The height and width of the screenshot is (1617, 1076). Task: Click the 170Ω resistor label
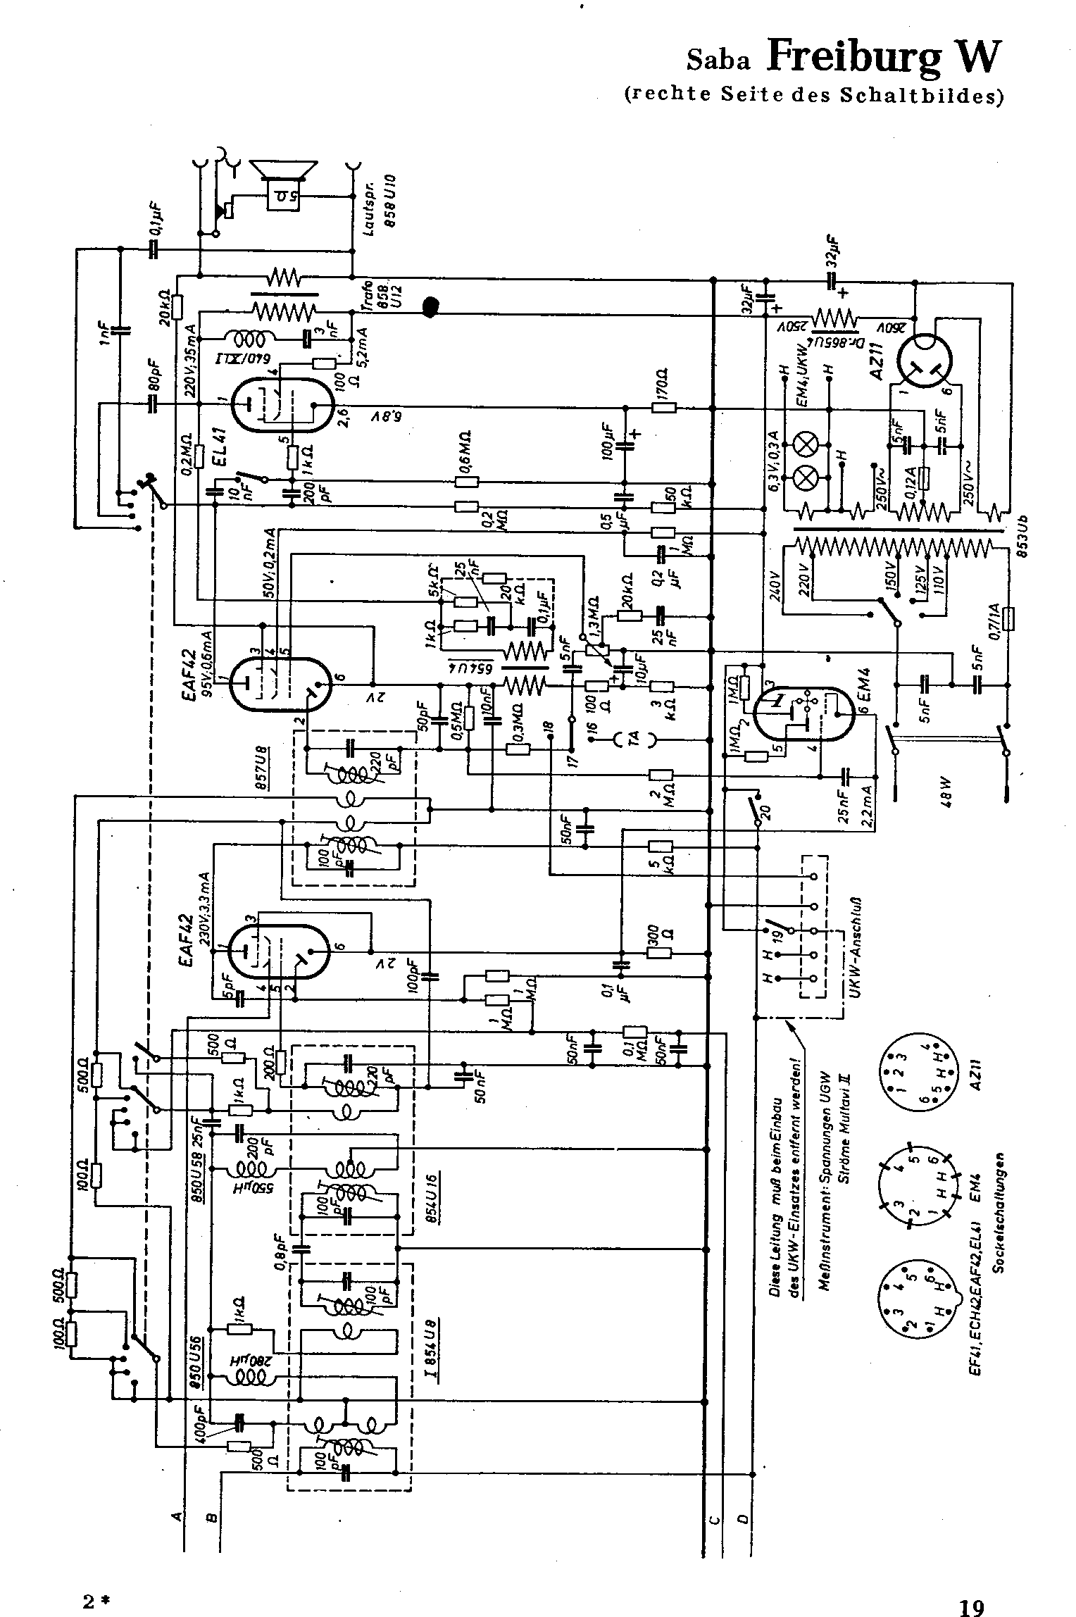tap(664, 384)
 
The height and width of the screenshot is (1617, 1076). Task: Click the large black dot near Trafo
tap(430, 307)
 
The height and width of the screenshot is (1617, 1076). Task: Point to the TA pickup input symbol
tap(634, 739)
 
